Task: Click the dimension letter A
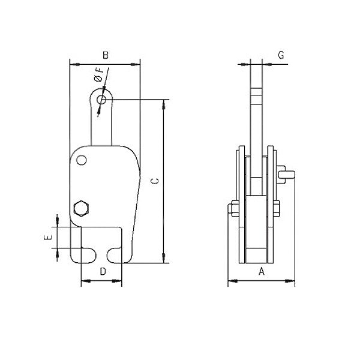click(x=261, y=271)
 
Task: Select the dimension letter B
click(x=105, y=55)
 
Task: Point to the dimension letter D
click(x=103, y=271)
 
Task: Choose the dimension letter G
click(x=281, y=55)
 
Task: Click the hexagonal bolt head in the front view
click(x=80, y=209)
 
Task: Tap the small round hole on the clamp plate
click(x=81, y=160)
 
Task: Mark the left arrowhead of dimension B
click(x=73, y=62)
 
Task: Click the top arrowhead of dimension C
click(x=164, y=103)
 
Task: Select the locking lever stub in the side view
click(x=287, y=175)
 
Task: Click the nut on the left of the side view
click(x=232, y=209)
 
